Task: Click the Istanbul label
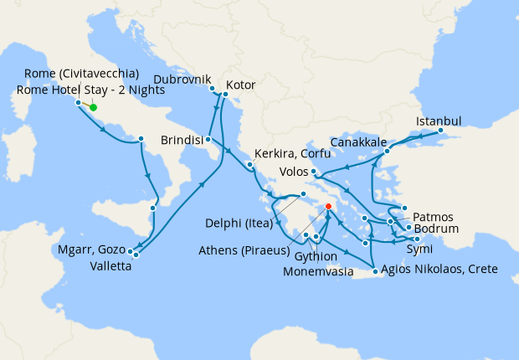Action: tap(439, 120)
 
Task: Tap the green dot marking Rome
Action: tap(93, 107)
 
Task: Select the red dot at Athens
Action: tap(329, 206)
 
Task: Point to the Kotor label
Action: tap(240, 85)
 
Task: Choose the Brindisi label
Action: tap(182, 140)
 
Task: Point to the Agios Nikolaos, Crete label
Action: tap(439, 270)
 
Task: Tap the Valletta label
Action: tap(110, 268)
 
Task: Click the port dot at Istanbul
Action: tap(441, 131)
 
